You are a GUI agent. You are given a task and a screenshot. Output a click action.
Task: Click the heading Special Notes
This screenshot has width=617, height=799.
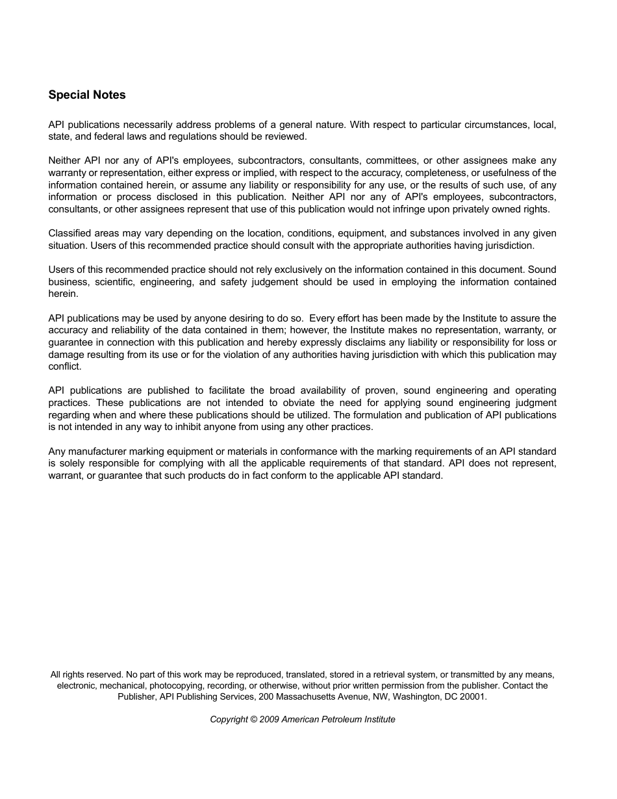[87, 95]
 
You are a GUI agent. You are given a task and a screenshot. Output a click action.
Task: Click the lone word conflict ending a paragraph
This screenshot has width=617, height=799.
[64, 366]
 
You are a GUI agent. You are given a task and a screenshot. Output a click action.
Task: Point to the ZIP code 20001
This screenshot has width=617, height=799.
[473, 696]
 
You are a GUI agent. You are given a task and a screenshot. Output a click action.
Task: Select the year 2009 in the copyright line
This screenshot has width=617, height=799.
[269, 719]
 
